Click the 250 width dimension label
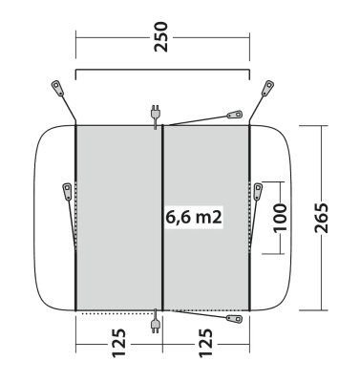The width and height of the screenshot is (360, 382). [x=160, y=37]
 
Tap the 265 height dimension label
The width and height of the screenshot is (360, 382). [x=321, y=218]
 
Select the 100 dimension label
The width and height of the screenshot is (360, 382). [x=280, y=218]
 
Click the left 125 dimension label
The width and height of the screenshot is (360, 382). [x=119, y=343]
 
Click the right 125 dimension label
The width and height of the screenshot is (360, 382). [x=205, y=343]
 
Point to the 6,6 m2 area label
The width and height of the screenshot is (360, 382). [x=194, y=218]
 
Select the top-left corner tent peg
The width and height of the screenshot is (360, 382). [x=57, y=88]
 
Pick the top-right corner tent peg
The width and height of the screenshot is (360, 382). [x=267, y=88]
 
